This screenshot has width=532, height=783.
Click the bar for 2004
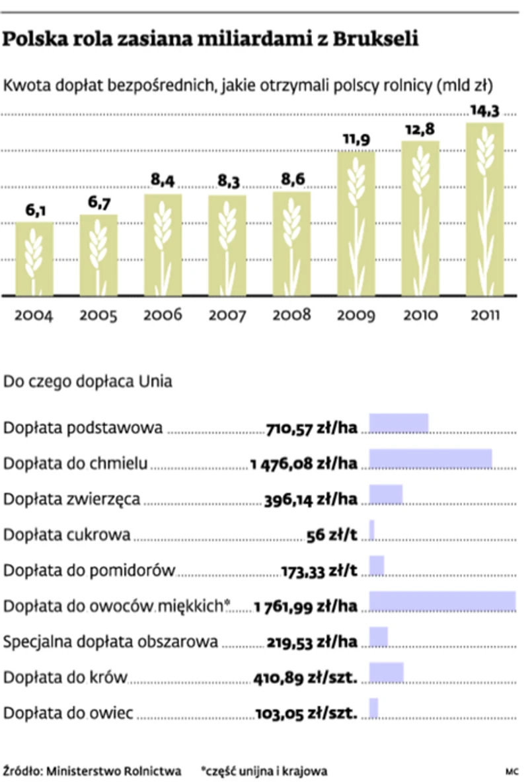tap(34, 259)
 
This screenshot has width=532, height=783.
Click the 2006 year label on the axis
tap(163, 314)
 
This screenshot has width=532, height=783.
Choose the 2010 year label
tap(420, 314)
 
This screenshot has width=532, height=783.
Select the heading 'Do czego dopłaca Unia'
tap(88, 382)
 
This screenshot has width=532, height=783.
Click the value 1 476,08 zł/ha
tap(304, 463)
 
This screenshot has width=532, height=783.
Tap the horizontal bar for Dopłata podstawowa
tap(399, 423)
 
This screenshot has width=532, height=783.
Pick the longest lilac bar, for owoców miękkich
tap(442, 601)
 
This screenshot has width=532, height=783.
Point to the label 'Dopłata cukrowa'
tap(67, 535)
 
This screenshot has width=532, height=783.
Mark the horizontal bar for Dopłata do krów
tap(386, 672)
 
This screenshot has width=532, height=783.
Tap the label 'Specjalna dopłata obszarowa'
tap(111, 642)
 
